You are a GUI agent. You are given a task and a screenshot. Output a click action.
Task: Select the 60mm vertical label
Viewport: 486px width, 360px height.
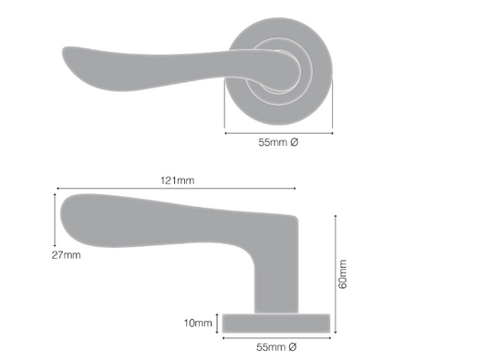click(343, 273)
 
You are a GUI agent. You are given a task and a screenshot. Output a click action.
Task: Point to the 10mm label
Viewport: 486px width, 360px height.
click(198, 323)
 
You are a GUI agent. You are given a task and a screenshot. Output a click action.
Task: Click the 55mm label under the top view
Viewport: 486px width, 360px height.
click(279, 144)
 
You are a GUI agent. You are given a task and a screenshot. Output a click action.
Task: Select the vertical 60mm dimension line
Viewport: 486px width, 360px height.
click(336, 273)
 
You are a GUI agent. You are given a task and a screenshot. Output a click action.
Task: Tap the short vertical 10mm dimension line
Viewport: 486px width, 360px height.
click(218, 322)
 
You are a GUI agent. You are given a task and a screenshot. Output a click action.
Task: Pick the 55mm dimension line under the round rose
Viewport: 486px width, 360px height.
click(278, 133)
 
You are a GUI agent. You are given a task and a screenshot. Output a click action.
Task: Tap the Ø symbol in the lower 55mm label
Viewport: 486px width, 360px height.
click(294, 347)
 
